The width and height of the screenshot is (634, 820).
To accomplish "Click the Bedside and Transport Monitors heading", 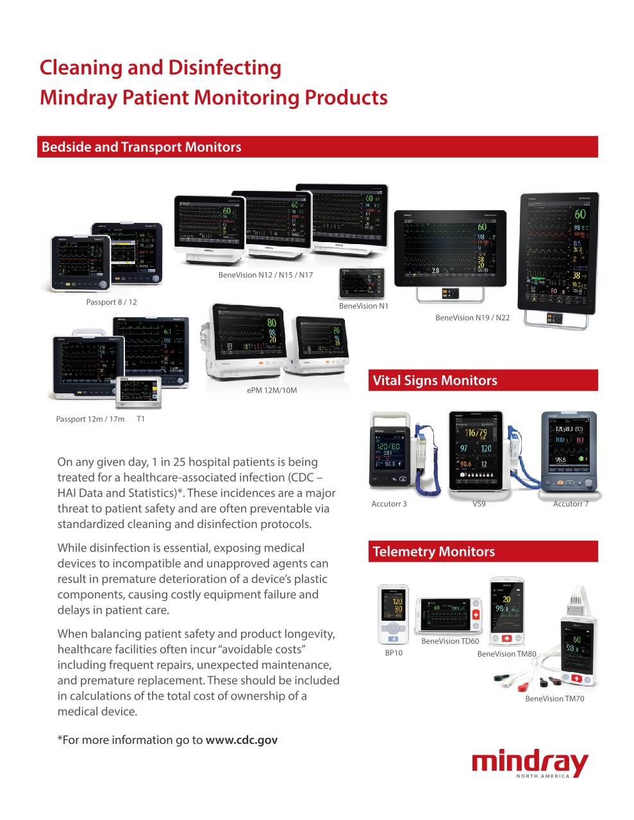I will (x=141, y=147).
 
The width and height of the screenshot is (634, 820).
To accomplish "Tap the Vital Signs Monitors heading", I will (x=435, y=381).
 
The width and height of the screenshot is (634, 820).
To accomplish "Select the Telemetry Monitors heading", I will (x=433, y=552).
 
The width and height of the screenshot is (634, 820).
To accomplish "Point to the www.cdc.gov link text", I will (x=242, y=740).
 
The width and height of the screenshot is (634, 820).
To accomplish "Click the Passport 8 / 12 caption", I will (x=112, y=302).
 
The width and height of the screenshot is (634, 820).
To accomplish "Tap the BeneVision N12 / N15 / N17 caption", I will (x=265, y=275).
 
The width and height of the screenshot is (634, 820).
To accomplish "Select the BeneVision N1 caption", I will (x=363, y=306).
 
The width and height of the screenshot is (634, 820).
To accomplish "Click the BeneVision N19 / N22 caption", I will (x=472, y=318).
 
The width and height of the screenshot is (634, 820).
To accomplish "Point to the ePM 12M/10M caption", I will (x=272, y=390).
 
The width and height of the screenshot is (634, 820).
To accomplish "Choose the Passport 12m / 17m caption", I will (x=90, y=419).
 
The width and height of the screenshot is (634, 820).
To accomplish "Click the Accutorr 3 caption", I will (x=389, y=504).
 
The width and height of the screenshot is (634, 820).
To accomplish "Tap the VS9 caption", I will (x=479, y=504).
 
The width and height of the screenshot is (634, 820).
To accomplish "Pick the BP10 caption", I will (x=394, y=653).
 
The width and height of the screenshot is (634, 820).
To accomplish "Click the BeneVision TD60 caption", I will (x=450, y=641).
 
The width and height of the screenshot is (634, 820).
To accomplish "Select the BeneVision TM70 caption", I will (x=555, y=699).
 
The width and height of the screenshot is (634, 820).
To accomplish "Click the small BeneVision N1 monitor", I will (x=362, y=283).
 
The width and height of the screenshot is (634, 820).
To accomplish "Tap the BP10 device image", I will (x=393, y=614).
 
